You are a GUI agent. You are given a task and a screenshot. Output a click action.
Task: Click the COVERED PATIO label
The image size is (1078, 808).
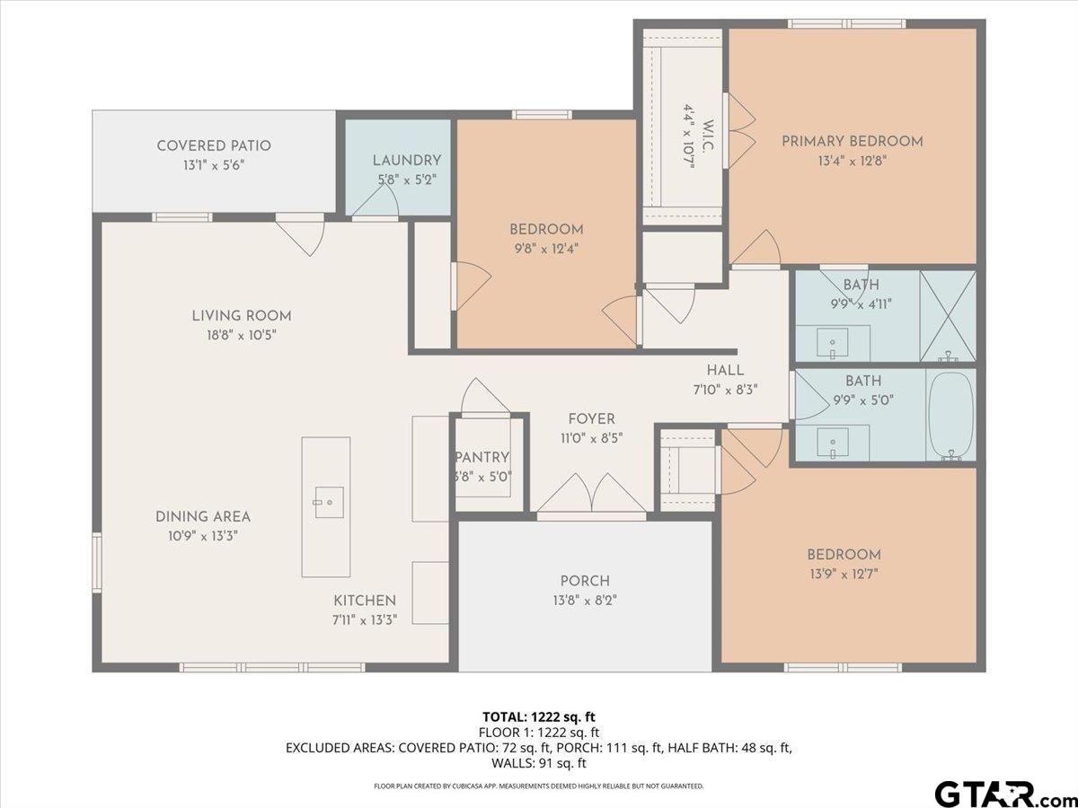(x=214, y=145)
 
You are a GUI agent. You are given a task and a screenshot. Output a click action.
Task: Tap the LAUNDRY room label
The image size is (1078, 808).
(x=407, y=161)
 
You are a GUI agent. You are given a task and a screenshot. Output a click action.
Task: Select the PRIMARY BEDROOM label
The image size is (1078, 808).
(x=853, y=141)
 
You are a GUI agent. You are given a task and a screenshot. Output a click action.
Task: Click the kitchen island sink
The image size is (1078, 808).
(x=329, y=503)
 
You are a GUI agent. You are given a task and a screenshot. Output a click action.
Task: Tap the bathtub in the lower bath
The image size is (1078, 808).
(x=951, y=416)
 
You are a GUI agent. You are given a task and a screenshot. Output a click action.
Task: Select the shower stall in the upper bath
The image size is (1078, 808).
(x=948, y=316)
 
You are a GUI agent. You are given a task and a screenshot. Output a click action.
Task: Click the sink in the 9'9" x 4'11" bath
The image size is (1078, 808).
(x=833, y=343)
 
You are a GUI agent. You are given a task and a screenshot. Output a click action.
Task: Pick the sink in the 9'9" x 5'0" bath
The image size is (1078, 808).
(x=833, y=443)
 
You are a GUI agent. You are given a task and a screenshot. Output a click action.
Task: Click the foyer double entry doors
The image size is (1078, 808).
(x=591, y=496)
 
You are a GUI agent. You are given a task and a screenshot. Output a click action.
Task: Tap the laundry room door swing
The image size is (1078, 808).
(x=376, y=199)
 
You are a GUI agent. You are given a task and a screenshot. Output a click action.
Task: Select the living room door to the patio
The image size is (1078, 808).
(x=300, y=234)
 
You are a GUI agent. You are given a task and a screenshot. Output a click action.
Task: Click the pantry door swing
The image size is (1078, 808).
(x=485, y=397)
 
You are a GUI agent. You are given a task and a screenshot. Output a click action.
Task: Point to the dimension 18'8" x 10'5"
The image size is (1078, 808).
(x=241, y=335)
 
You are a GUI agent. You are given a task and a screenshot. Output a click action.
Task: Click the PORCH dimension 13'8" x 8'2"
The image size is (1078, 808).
(x=585, y=600)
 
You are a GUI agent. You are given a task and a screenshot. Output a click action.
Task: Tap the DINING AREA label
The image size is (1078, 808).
(x=203, y=516)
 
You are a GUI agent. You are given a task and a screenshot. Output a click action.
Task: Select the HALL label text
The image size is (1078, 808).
(x=725, y=371)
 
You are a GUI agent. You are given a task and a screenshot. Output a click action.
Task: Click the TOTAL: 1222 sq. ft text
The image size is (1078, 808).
(x=539, y=717)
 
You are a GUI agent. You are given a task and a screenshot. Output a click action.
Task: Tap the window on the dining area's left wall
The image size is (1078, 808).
(x=97, y=563)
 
